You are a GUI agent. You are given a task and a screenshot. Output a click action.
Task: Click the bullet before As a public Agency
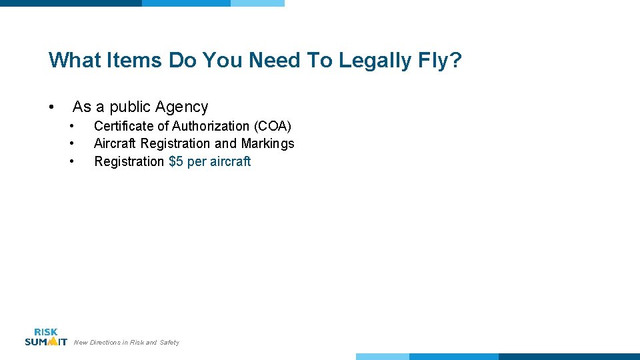click(51, 107)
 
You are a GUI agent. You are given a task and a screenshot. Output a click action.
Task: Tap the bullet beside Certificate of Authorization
click(71, 126)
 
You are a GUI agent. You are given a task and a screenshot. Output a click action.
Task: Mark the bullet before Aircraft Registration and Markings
click(71, 143)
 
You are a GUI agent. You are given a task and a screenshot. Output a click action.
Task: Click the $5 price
click(176, 161)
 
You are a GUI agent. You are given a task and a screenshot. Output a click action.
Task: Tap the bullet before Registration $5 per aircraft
click(71, 161)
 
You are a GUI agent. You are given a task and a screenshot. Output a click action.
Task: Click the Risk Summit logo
click(46, 337)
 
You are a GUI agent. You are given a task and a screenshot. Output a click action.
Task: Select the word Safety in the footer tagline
click(169, 343)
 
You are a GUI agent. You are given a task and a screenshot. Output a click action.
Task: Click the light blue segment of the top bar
click(257, 3)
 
